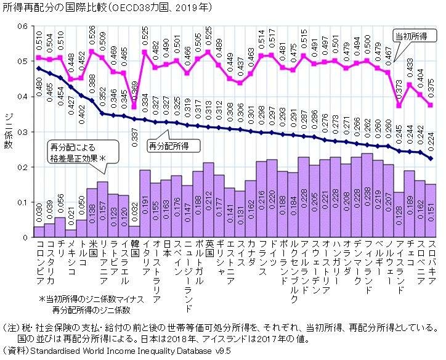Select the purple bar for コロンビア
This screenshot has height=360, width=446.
[39, 232]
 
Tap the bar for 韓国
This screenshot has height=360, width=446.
[135, 231]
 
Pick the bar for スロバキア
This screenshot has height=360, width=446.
[431, 211]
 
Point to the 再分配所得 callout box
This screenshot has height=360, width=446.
[168, 146]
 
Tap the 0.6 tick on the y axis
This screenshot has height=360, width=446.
[23, 26]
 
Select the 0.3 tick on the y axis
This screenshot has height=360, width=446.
[23, 132]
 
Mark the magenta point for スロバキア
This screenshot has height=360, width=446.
[431, 105]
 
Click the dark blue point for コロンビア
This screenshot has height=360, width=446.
[39, 68]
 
